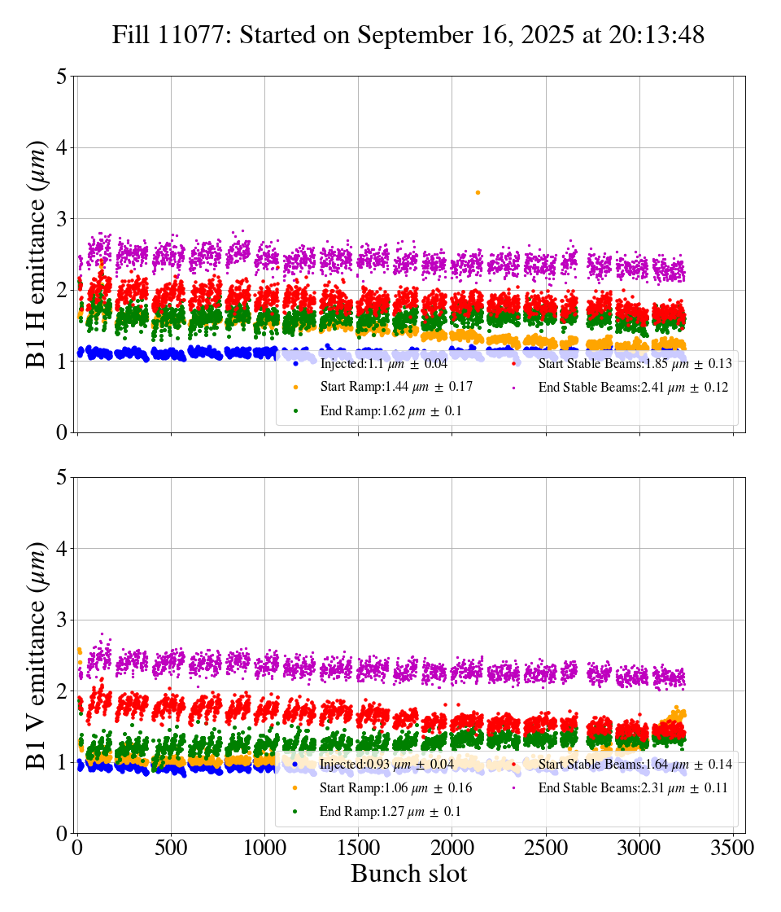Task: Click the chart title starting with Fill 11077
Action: [408, 35]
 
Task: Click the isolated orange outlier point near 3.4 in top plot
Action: [478, 192]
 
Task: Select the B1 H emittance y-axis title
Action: [37, 254]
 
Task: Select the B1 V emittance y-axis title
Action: [37, 655]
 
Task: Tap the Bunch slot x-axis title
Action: [409, 874]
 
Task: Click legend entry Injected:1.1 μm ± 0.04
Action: [383, 364]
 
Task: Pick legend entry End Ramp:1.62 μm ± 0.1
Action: [390, 410]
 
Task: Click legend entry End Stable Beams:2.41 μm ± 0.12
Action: [633, 387]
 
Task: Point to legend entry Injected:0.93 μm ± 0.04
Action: [386, 765]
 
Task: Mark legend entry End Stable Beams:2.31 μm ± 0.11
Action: [633, 787]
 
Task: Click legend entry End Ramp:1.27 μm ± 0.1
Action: [390, 811]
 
